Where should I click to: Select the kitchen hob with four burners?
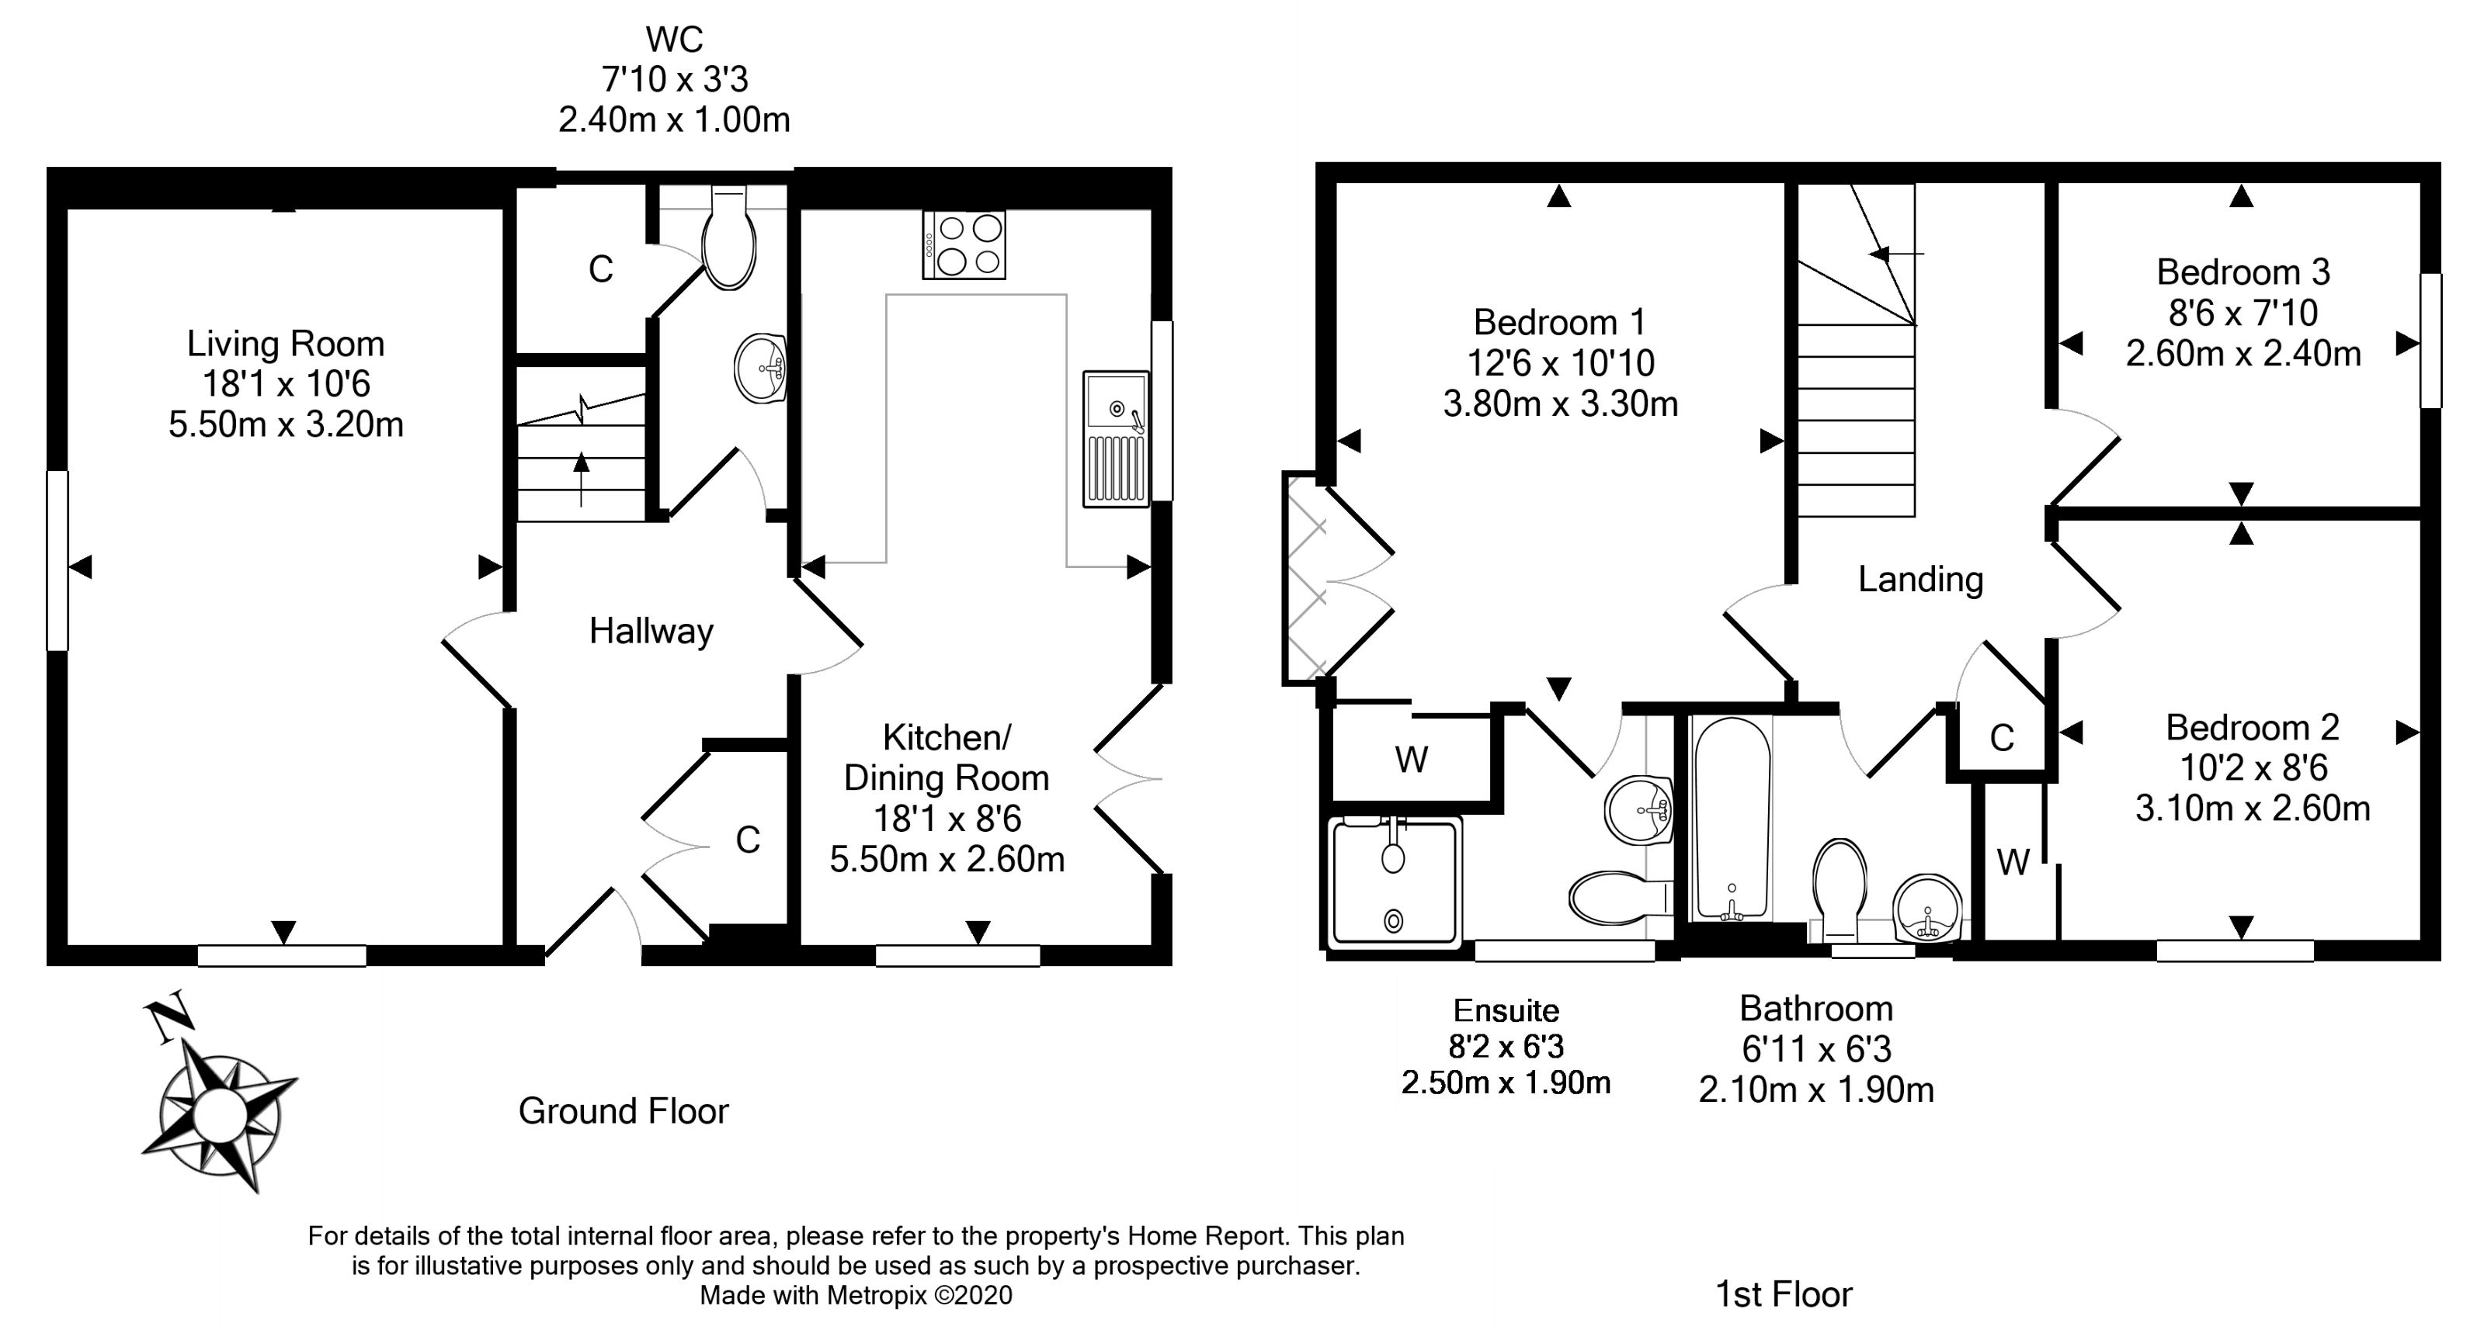(x=964, y=244)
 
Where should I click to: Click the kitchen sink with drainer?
(x=1116, y=438)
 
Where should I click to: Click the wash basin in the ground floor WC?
(x=761, y=367)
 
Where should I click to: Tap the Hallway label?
(x=651, y=632)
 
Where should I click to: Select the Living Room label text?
(x=286, y=344)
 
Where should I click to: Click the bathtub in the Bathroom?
(x=1732, y=819)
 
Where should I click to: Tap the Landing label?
(x=1920, y=579)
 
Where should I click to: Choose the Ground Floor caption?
(x=623, y=1111)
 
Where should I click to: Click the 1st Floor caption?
(x=1784, y=1294)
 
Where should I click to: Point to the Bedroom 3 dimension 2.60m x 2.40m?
(x=2243, y=354)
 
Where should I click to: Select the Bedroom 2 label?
(x=2252, y=728)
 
